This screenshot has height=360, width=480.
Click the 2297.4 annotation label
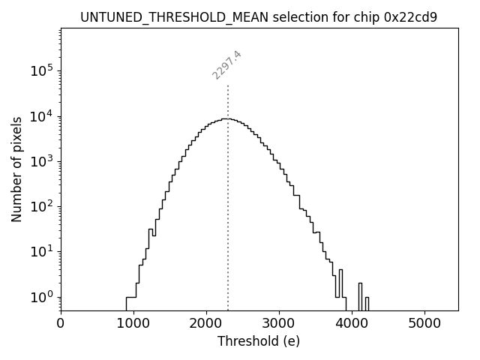coord(226,65)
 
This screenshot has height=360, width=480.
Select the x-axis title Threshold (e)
coord(259,341)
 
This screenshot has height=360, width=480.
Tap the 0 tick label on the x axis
coord(61,324)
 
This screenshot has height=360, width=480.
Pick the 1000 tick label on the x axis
coord(133,324)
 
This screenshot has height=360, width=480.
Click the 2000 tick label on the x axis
coord(206,324)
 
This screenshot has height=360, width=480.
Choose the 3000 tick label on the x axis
coord(279,324)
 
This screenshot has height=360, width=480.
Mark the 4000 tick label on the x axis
coord(352,324)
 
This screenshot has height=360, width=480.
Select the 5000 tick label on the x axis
coord(424,324)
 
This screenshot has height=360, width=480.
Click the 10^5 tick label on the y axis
coord(41,70)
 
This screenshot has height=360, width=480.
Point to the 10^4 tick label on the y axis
coord(41,115)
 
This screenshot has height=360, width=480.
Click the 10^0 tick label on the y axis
coord(41,297)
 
